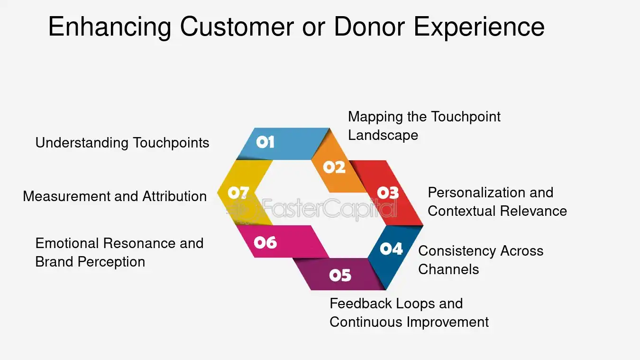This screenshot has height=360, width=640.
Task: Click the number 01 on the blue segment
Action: [x=265, y=142]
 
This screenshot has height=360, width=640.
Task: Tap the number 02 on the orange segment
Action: [x=334, y=167]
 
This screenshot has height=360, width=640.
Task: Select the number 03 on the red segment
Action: [x=388, y=193]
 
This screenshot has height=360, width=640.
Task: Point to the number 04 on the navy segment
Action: [x=391, y=249]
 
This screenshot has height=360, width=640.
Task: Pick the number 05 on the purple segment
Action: [x=340, y=275]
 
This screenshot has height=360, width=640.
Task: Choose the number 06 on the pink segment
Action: [x=265, y=243]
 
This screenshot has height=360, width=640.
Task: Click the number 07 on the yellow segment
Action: [x=238, y=193]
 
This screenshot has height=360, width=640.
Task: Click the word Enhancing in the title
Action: [x=110, y=27]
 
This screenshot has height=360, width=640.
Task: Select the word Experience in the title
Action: [x=479, y=27]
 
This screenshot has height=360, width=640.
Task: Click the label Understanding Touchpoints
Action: [x=122, y=143]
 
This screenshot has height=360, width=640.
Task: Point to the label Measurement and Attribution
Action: [x=115, y=196]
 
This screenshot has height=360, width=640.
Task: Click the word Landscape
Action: [x=383, y=135]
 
